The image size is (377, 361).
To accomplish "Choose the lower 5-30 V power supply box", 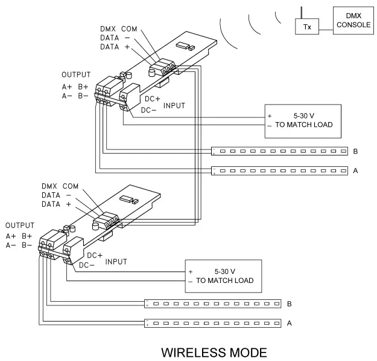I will (223, 276).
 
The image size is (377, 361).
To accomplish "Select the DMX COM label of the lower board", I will (60, 186).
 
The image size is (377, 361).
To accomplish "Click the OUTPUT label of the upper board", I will (77, 75).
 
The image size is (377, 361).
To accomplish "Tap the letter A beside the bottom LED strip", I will (289, 323).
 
